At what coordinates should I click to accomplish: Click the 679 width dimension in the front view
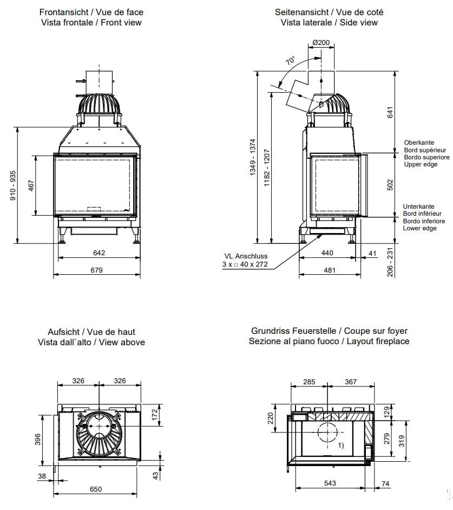tap(97, 270)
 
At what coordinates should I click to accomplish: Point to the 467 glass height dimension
tap(31, 186)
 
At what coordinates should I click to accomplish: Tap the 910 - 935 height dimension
tap(14, 185)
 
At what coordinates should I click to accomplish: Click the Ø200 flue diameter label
tap(321, 42)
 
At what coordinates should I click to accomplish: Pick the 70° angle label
tap(291, 61)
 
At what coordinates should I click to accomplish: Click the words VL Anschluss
tap(246, 256)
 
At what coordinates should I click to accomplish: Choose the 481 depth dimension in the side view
tap(330, 270)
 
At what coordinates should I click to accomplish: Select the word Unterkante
tap(419, 206)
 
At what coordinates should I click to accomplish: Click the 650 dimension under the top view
tap(95, 489)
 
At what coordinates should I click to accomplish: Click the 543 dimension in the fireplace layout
tap(330, 483)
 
